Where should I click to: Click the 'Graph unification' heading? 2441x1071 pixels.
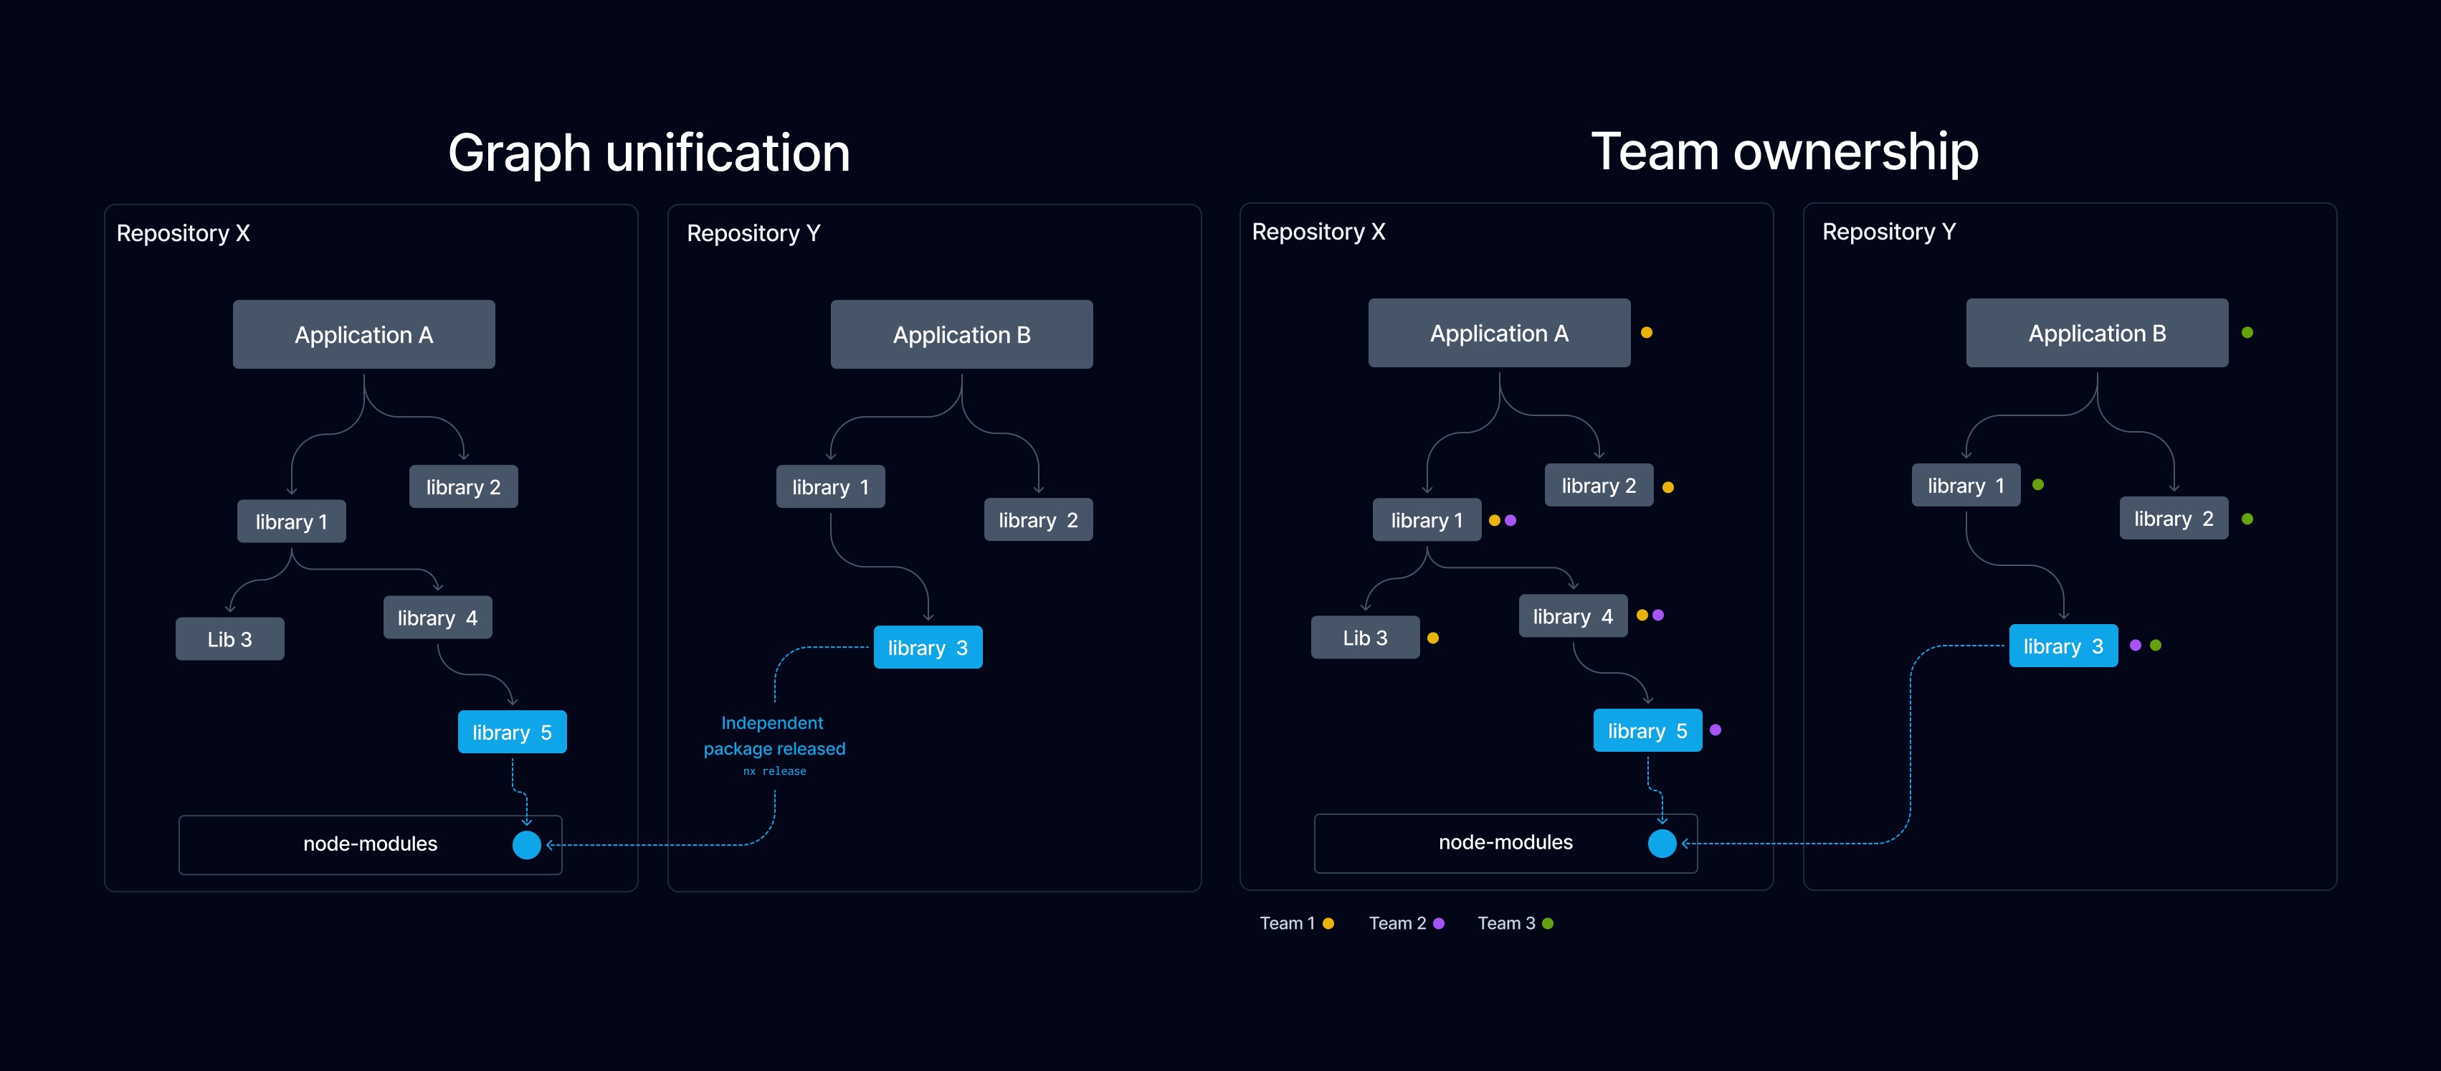(648, 153)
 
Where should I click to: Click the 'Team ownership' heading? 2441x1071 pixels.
(1784, 151)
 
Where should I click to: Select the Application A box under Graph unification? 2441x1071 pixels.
(364, 334)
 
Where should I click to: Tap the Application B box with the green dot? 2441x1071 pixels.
(2096, 333)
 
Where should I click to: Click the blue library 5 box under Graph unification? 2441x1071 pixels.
(512, 732)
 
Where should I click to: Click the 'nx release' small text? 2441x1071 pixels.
(774, 770)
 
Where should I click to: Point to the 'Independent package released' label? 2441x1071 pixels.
(774, 735)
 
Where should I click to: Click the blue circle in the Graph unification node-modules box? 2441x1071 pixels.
(527, 844)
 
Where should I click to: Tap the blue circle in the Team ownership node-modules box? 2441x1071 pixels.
(1662, 843)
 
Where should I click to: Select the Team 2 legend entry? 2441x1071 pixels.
(1405, 923)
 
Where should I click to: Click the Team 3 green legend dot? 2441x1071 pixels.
(1548, 923)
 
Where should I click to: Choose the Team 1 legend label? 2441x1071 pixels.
(1286, 923)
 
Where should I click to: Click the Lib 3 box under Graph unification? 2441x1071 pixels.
(229, 639)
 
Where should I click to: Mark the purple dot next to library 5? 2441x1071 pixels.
(1715, 730)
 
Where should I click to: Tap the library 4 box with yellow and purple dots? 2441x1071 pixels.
(1572, 616)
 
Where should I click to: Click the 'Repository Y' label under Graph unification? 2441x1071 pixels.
(753, 233)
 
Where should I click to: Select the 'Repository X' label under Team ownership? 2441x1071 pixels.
(1318, 231)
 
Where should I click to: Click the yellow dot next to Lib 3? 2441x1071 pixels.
(1433, 638)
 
